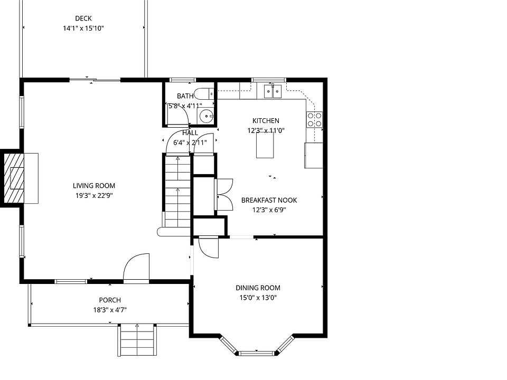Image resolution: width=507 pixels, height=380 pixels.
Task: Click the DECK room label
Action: pyautogui.click(x=83, y=18)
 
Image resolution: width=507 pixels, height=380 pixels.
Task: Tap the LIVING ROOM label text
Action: pyautogui.click(x=94, y=185)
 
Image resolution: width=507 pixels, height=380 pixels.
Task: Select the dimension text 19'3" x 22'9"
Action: pyautogui.click(x=94, y=195)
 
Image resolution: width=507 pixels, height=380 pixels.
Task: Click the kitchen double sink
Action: pyautogui.click(x=273, y=91)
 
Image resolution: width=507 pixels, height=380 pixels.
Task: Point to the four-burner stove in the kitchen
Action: pyautogui.click(x=315, y=119)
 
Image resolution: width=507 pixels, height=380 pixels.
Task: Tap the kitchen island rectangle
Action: pyautogui.click(x=265, y=145)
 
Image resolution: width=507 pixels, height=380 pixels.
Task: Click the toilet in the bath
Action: pyautogui.click(x=204, y=94)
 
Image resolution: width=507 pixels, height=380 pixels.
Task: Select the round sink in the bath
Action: pyautogui.click(x=206, y=116)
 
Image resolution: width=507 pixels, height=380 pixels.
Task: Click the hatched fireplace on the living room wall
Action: pyautogui.click(x=14, y=178)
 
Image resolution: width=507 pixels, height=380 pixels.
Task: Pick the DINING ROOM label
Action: pyautogui.click(x=258, y=288)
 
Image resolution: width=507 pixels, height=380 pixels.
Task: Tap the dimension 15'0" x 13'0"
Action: pyautogui.click(x=258, y=298)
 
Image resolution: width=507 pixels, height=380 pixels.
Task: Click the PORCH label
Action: pyautogui.click(x=110, y=300)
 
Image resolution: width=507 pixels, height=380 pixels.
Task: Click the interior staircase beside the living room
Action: pyautogui.click(x=177, y=191)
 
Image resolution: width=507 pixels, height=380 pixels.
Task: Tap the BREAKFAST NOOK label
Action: pyautogui.click(x=269, y=200)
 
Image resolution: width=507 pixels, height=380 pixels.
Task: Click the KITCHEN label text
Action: pyautogui.click(x=266, y=120)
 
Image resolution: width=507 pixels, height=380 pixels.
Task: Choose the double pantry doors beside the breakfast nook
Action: pyautogui.click(x=224, y=195)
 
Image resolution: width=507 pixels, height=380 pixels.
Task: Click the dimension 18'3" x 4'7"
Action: pyautogui.click(x=110, y=310)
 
